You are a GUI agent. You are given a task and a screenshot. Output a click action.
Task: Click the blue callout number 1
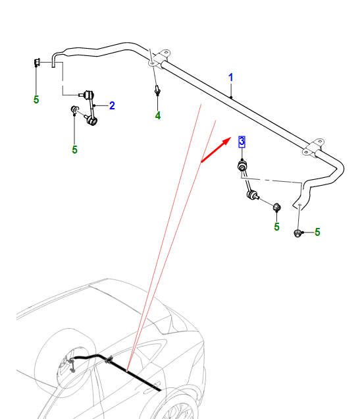[x=231, y=78]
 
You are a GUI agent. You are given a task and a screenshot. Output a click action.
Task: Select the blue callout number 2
[x=112, y=105]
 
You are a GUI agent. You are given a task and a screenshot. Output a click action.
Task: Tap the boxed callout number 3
[x=242, y=142]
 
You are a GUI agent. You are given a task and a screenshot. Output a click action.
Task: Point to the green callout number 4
[x=158, y=115]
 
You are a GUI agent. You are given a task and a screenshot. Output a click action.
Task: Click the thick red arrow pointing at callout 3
[x=216, y=150]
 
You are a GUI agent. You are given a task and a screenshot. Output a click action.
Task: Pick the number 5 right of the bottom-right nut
[x=317, y=232]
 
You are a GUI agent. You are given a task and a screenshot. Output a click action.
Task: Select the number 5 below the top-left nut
[x=36, y=99]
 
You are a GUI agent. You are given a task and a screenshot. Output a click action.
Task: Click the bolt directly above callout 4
[x=157, y=90]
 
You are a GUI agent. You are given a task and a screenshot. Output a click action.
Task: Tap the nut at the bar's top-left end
[x=37, y=62]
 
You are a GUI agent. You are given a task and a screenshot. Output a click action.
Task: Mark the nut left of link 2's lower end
[x=74, y=109]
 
